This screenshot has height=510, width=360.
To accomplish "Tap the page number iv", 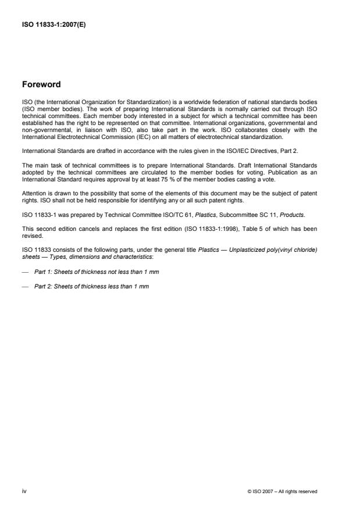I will click(x=24, y=491).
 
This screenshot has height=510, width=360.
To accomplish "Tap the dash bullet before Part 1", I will click(x=24, y=257).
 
